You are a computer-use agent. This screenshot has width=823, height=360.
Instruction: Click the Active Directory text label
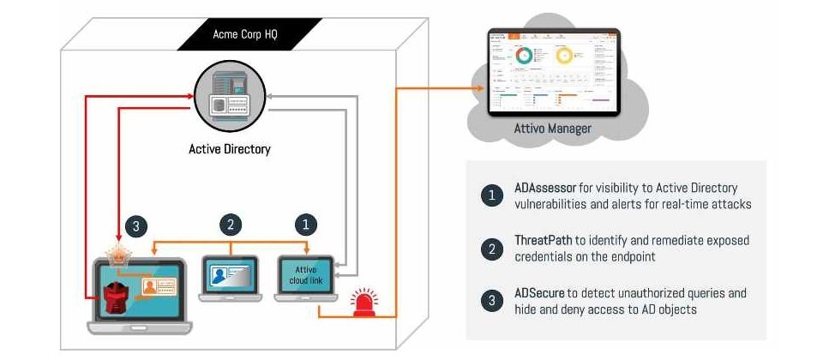[x=229, y=149]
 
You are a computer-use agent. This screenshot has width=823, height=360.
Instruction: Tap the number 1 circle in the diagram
[x=306, y=226]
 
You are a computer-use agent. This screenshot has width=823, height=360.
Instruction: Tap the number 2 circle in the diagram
[x=229, y=226]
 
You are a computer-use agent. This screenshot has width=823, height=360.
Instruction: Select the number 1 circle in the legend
[x=490, y=195]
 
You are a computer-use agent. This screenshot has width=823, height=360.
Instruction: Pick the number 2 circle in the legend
[x=490, y=249]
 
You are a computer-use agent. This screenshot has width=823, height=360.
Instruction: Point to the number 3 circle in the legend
[x=490, y=301]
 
